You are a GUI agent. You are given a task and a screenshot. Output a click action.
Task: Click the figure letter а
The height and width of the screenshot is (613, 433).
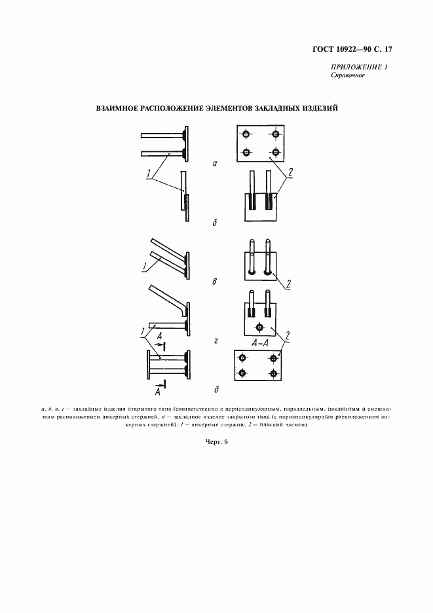pyautogui.click(x=215, y=164)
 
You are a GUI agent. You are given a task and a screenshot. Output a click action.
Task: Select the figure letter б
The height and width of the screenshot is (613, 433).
pyautogui.click(x=215, y=223)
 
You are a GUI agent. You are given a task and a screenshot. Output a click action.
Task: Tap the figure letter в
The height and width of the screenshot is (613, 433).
pyautogui.click(x=215, y=282)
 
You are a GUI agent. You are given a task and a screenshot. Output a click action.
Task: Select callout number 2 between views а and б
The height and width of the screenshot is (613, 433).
pyautogui.click(x=290, y=172)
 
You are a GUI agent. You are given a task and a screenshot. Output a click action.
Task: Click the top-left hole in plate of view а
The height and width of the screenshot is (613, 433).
pyautogui.click(x=246, y=134)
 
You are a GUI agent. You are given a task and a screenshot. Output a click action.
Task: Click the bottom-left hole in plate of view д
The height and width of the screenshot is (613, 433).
pyautogui.click(x=242, y=373)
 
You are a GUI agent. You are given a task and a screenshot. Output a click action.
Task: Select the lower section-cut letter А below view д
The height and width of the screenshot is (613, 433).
pyautogui.click(x=157, y=393)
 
